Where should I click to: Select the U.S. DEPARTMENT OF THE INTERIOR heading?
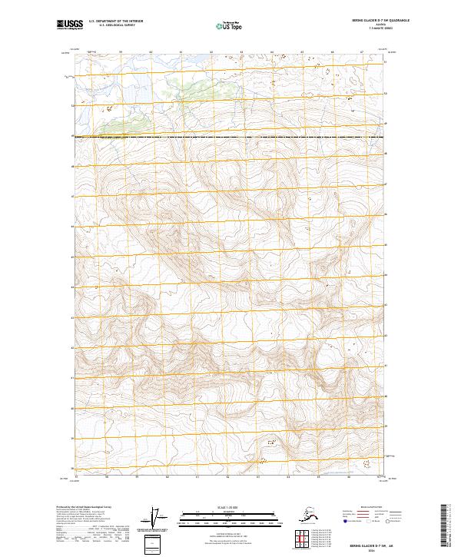pos(116,22)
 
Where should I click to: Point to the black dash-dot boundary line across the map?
pos(230,138)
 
